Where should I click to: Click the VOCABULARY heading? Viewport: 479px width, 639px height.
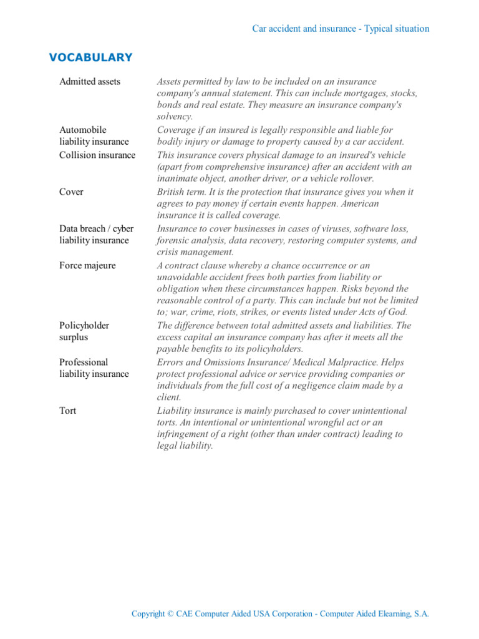click(x=90, y=58)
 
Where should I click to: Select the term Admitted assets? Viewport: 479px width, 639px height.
click(x=90, y=82)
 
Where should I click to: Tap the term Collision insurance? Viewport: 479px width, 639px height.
click(x=97, y=155)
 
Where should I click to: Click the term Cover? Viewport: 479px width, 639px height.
click(x=71, y=192)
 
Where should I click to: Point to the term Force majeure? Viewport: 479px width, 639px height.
click(x=87, y=266)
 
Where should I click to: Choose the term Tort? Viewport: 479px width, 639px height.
click(x=68, y=411)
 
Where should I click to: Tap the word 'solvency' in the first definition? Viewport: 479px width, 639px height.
click(x=175, y=117)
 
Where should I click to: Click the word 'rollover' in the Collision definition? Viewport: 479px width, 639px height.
click(x=354, y=178)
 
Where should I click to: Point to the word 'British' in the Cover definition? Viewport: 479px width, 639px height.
click(x=173, y=192)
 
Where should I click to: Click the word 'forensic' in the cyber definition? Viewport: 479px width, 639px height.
click(x=174, y=241)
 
